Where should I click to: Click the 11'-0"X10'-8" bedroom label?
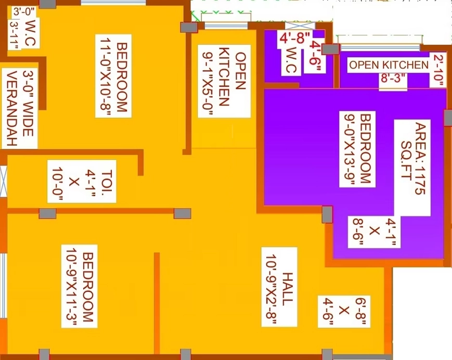(x=113, y=76)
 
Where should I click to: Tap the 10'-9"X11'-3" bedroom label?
(x=79, y=286)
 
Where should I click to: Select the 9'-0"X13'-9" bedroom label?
(x=357, y=149)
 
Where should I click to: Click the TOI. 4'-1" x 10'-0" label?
(x=82, y=181)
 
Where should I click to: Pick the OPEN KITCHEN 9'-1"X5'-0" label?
(x=224, y=81)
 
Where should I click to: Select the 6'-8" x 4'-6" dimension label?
(x=344, y=311)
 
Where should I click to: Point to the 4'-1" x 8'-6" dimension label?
(x=374, y=232)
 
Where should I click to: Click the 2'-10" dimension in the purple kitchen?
(x=438, y=70)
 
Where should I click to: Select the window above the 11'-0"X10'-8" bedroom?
(x=113, y=2)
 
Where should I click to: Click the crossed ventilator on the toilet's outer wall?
(x=3, y=181)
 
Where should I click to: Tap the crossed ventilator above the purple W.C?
(x=300, y=25)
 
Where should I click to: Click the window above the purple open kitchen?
(x=380, y=48)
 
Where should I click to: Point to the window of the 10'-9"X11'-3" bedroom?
(x=3, y=286)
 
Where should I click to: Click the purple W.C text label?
(x=292, y=60)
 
